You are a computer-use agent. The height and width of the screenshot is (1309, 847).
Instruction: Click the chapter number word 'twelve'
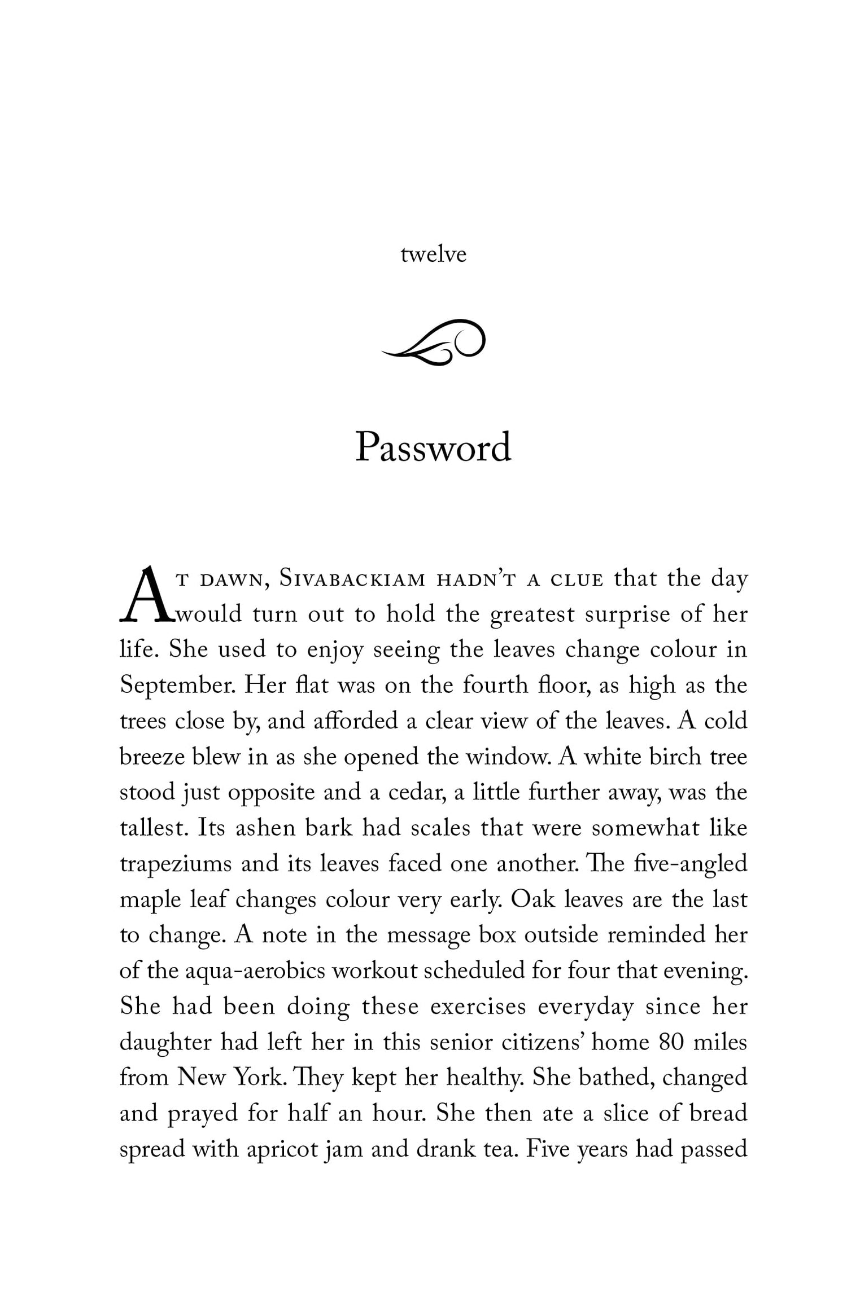coord(433,255)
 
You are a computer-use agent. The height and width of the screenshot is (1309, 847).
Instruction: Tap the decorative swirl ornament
coord(433,342)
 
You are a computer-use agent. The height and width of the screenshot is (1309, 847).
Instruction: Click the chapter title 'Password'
coord(433,448)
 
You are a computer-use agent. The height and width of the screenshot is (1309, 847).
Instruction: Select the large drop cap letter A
coord(145,596)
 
